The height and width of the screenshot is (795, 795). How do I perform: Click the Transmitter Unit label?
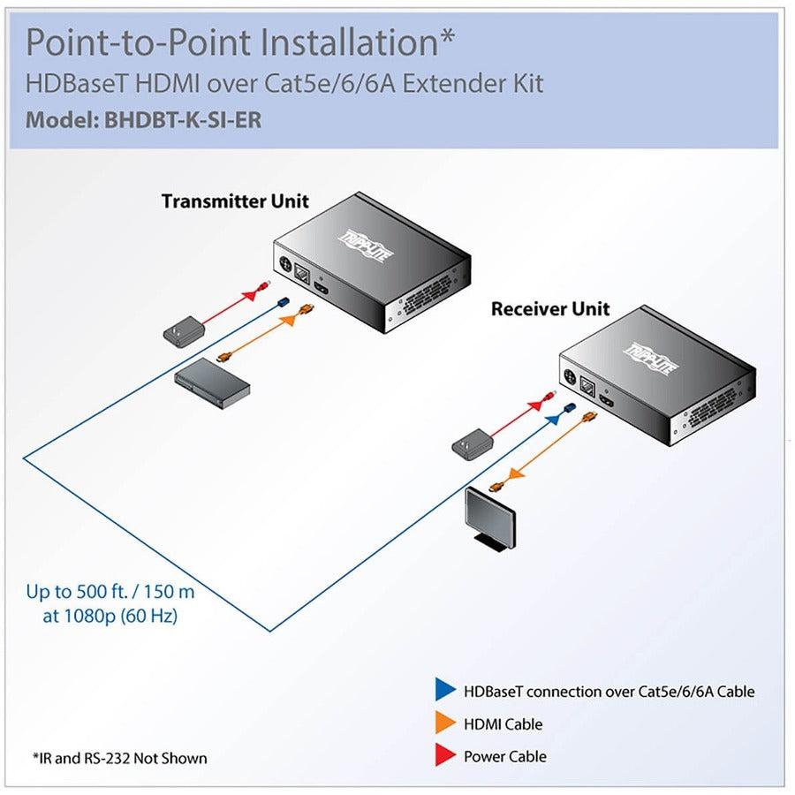click(x=235, y=201)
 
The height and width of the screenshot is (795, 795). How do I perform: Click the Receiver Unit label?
click(x=549, y=309)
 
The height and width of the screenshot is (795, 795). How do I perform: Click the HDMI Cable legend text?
click(x=503, y=724)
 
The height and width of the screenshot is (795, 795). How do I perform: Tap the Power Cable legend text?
click(x=504, y=757)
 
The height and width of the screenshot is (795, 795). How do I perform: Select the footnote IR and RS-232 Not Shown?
click(x=119, y=758)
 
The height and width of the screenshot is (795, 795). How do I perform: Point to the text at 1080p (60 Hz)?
click(x=110, y=616)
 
